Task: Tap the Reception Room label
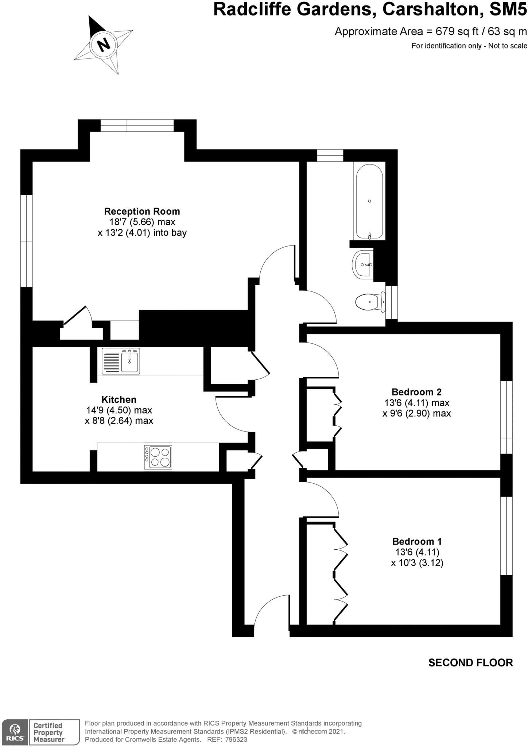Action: (x=142, y=211)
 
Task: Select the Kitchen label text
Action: (x=119, y=399)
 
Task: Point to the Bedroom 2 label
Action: (x=416, y=392)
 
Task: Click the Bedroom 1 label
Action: (x=417, y=542)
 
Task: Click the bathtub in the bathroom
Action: (x=369, y=201)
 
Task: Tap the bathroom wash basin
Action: (x=362, y=264)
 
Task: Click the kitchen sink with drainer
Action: (x=120, y=361)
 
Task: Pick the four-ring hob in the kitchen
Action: (x=158, y=457)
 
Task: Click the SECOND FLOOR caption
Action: (x=470, y=663)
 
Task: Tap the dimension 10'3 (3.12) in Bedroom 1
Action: (x=417, y=563)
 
